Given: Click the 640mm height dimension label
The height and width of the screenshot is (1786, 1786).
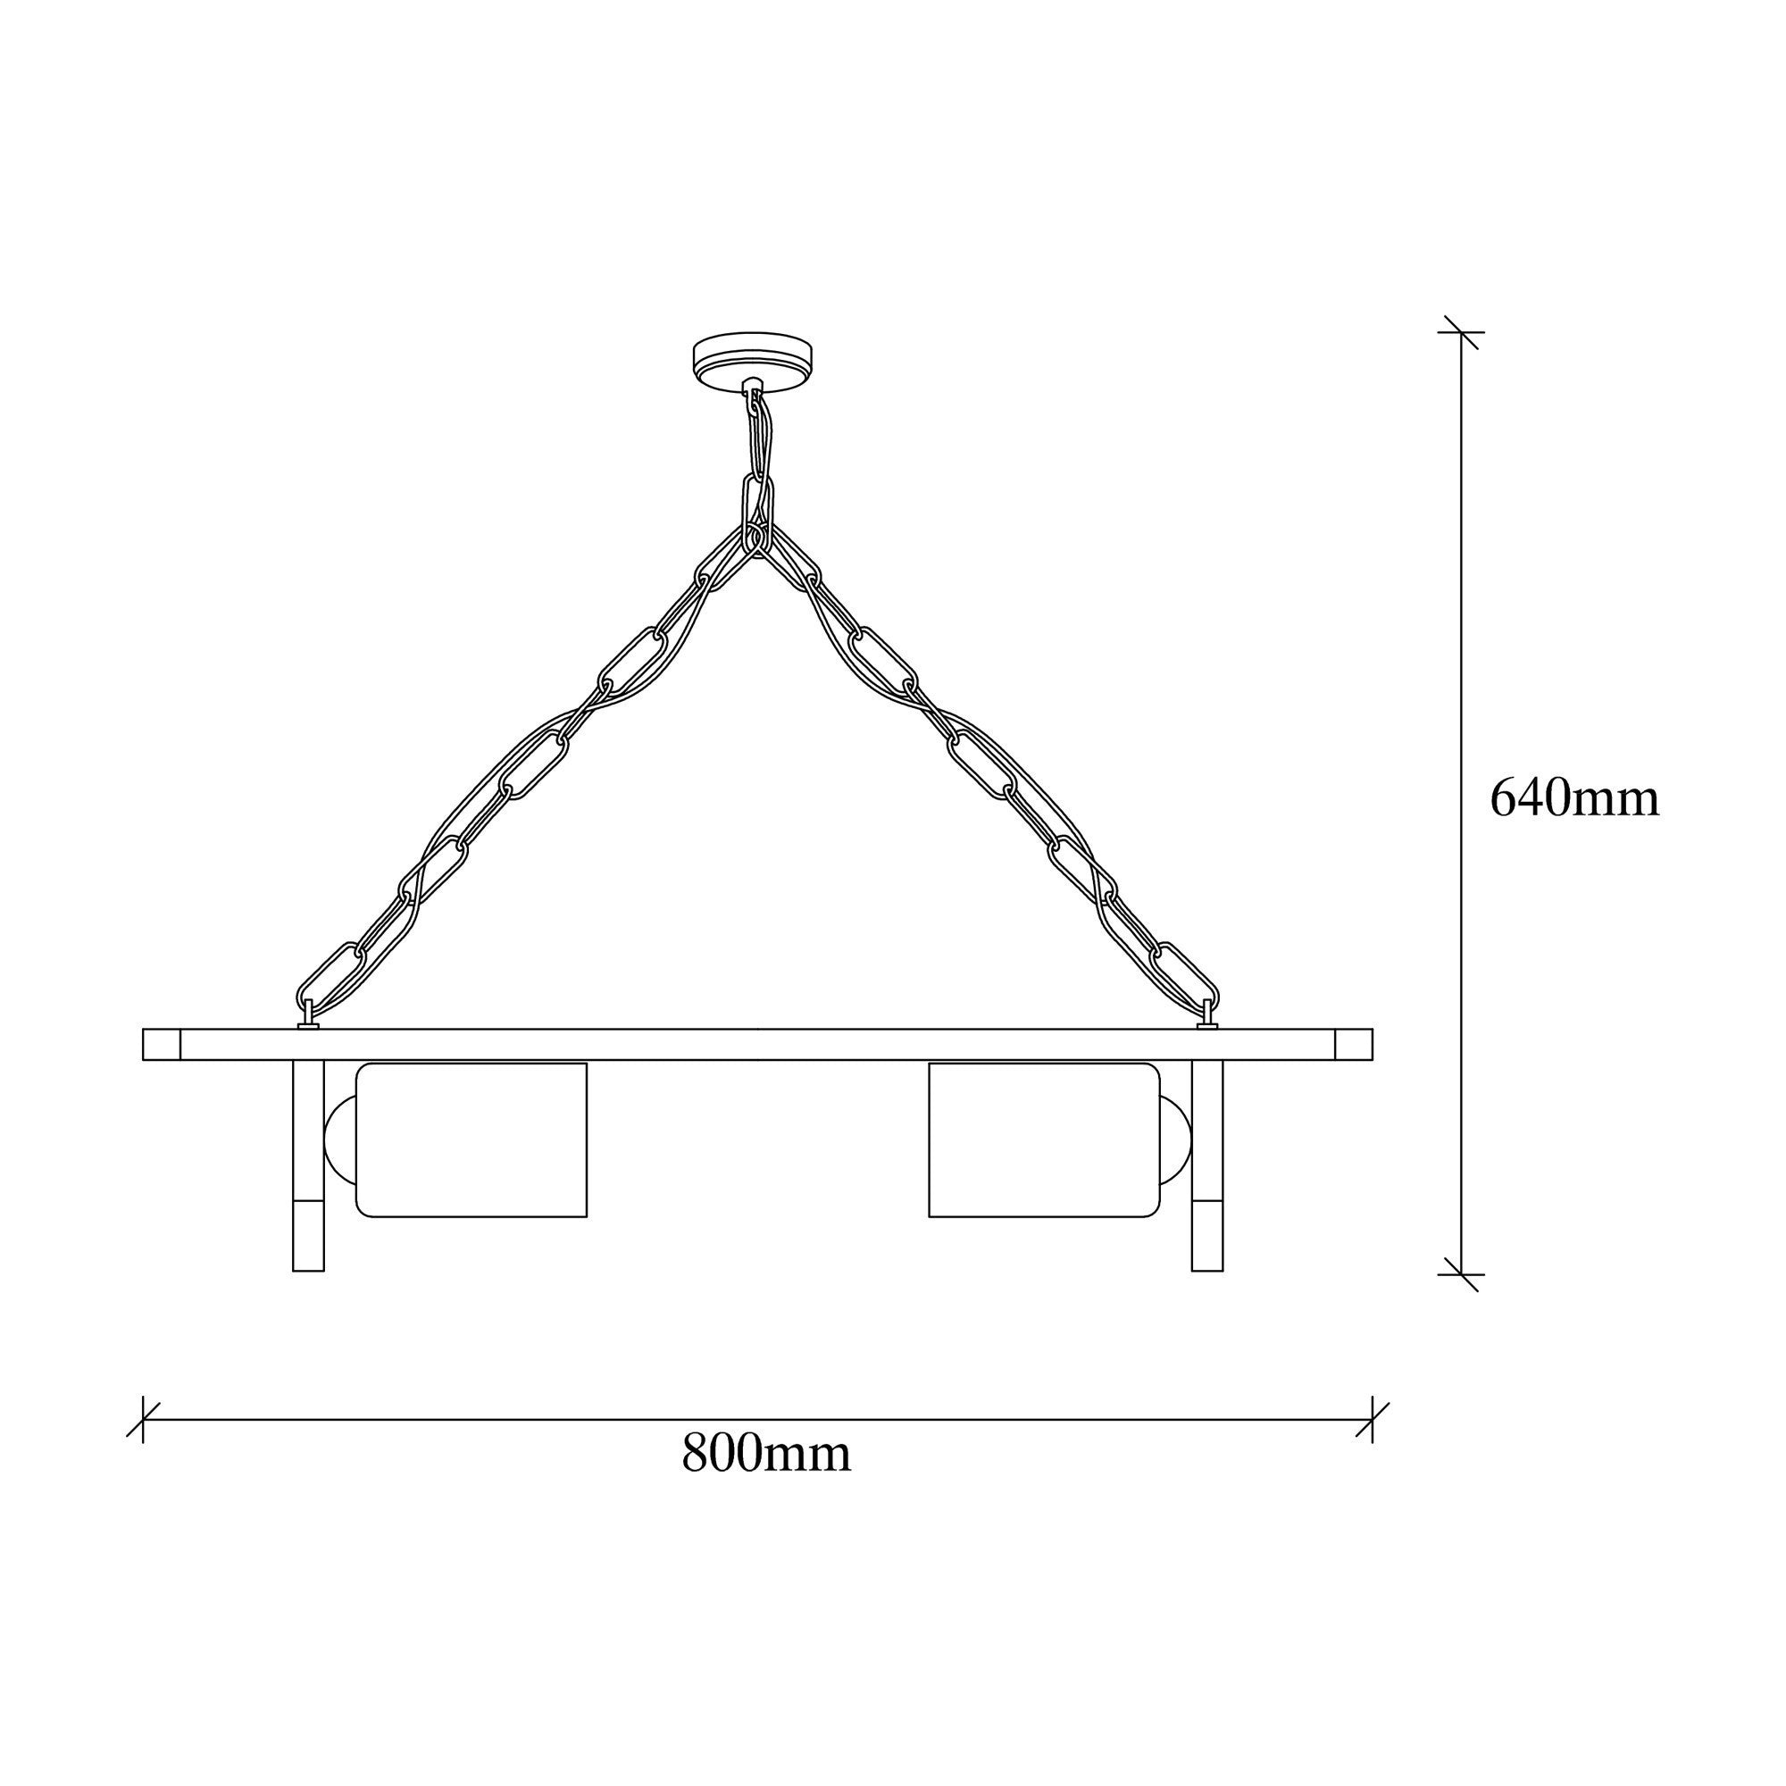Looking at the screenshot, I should (x=1574, y=797).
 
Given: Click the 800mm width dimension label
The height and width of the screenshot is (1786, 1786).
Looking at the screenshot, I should (x=765, y=1452).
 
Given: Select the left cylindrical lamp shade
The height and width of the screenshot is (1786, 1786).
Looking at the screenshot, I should (x=472, y=1139).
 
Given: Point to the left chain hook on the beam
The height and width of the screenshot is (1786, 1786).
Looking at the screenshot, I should (x=308, y=1020).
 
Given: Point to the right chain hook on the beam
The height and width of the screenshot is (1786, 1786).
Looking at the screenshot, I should (x=1207, y=1020).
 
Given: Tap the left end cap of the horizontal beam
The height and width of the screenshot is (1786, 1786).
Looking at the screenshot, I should (x=162, y=1044).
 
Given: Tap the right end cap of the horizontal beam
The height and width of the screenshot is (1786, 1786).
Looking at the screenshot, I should (x=1355, y=1044).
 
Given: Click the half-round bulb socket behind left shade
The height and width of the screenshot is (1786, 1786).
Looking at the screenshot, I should (x=339, y=1139).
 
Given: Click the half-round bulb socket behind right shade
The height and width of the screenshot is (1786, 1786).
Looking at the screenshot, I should (x=1174, y=1139).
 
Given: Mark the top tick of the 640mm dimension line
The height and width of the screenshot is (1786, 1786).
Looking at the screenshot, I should (x=1461, y=332).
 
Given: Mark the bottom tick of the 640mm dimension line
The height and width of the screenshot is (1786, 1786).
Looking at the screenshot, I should (x=1461, y=1274).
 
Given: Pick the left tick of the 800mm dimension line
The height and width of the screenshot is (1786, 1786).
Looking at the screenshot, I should (x=143, y=1420).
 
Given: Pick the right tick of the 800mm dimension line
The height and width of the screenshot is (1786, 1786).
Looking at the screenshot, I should (x=1373, y=1420).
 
